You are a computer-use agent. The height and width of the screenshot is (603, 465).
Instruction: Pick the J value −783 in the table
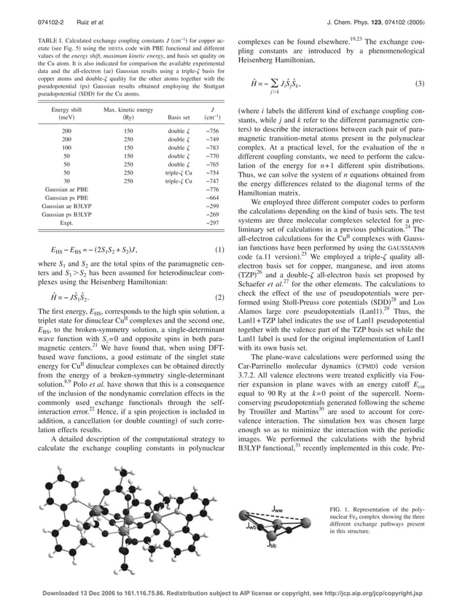pos(212,147)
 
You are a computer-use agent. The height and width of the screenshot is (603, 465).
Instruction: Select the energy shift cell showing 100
pos(66,147)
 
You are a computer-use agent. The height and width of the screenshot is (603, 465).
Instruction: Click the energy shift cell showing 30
pos(66,180)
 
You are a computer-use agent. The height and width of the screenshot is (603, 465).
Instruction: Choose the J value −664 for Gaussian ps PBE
pos(212,198)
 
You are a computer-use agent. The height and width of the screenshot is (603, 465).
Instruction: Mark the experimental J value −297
pos(212,223)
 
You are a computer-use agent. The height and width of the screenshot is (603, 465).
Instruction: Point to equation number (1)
pos(221,250)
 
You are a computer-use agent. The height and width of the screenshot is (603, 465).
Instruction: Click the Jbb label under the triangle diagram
pos(271,544)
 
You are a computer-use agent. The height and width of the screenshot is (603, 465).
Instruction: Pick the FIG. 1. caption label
pos(340,507)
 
